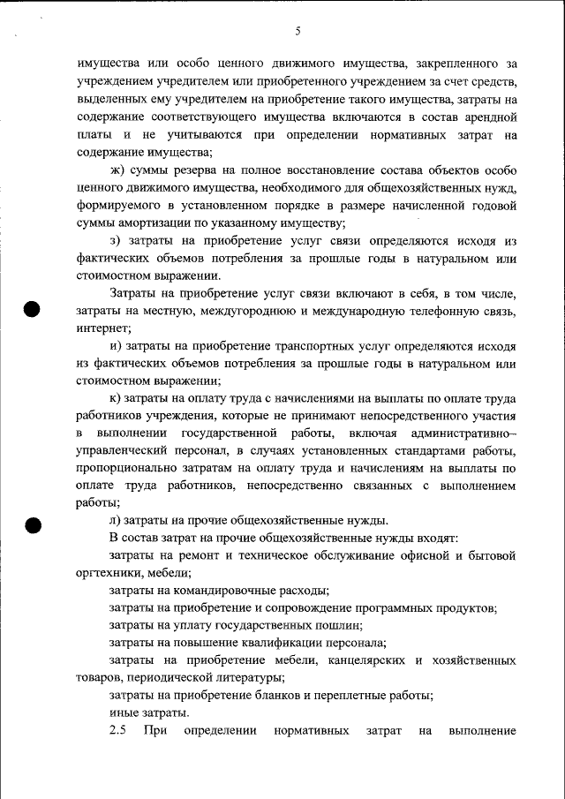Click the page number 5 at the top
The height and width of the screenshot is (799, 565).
point(298,32)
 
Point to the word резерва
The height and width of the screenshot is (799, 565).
point(198,170)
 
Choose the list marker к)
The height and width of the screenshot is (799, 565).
point(116,398)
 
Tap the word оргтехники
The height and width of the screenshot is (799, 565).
point(106,573)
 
